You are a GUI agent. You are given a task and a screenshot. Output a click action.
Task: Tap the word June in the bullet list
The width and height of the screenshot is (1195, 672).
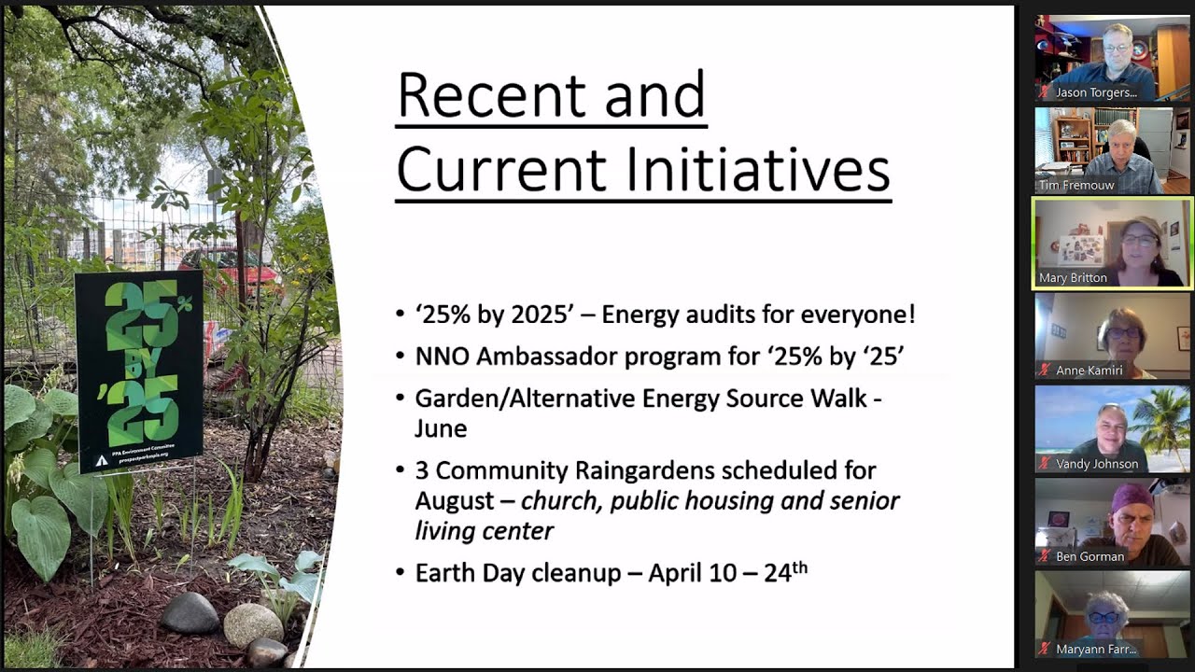point(441,428)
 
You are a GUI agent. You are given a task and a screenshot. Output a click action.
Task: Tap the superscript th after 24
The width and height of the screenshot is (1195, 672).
point(800,566)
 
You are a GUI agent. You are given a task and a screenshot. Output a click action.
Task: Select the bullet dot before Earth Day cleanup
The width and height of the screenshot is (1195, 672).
point(401,573)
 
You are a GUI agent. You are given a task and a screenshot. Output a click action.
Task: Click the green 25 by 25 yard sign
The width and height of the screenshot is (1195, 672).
point(138,370)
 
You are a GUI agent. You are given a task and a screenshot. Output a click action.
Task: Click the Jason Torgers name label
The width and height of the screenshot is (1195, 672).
point(1095,92)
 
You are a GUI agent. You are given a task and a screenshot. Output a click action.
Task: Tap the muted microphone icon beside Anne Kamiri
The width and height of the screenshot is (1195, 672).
point(1045,371)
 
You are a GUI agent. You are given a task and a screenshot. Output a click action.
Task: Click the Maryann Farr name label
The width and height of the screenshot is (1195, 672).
point(1095,649)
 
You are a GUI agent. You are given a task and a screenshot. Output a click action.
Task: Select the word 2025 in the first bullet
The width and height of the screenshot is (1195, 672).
point(533,315)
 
